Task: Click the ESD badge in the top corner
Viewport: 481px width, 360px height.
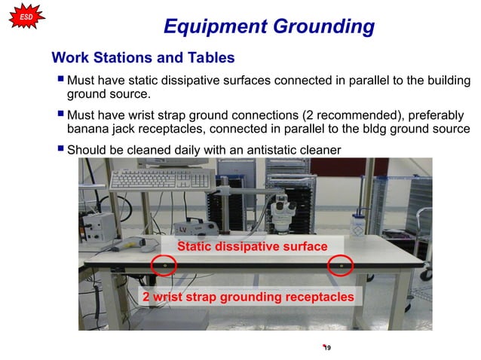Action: (25, 14)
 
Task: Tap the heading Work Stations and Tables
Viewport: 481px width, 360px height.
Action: (142, 58)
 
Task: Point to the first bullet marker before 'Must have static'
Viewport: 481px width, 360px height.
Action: (60, 80)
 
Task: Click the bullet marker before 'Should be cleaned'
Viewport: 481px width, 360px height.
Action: (60, 149)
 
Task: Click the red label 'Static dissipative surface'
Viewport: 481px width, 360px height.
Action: (252, 247)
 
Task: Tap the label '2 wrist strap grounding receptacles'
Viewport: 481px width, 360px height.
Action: (248, 297)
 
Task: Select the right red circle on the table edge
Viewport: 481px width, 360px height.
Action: (341, 266)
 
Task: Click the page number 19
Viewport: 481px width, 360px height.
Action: (328, 347)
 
